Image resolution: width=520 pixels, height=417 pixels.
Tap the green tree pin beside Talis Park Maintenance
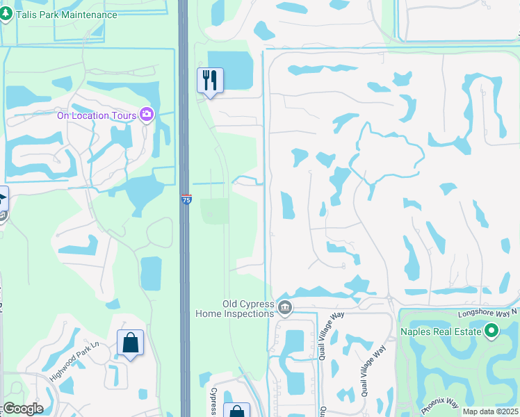click(x=7, y=14)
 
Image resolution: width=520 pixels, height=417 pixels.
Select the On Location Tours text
click(x=97, y=115)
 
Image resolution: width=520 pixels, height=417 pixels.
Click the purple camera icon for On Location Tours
click(x=147, y=115)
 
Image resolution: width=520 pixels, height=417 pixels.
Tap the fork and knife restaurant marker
click(x=210, y=80)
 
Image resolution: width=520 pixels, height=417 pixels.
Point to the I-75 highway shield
click(x=186, y=199)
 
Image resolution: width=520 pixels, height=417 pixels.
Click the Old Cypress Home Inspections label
click(x=247, y=309)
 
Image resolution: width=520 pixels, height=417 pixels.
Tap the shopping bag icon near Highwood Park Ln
click(x=130, y=343)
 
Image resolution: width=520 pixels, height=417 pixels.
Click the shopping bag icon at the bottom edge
click(x=237, y=411)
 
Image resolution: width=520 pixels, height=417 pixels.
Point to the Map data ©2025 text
click(x=490, y=411)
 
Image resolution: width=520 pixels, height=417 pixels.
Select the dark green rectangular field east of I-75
click(x=215, y=211)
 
